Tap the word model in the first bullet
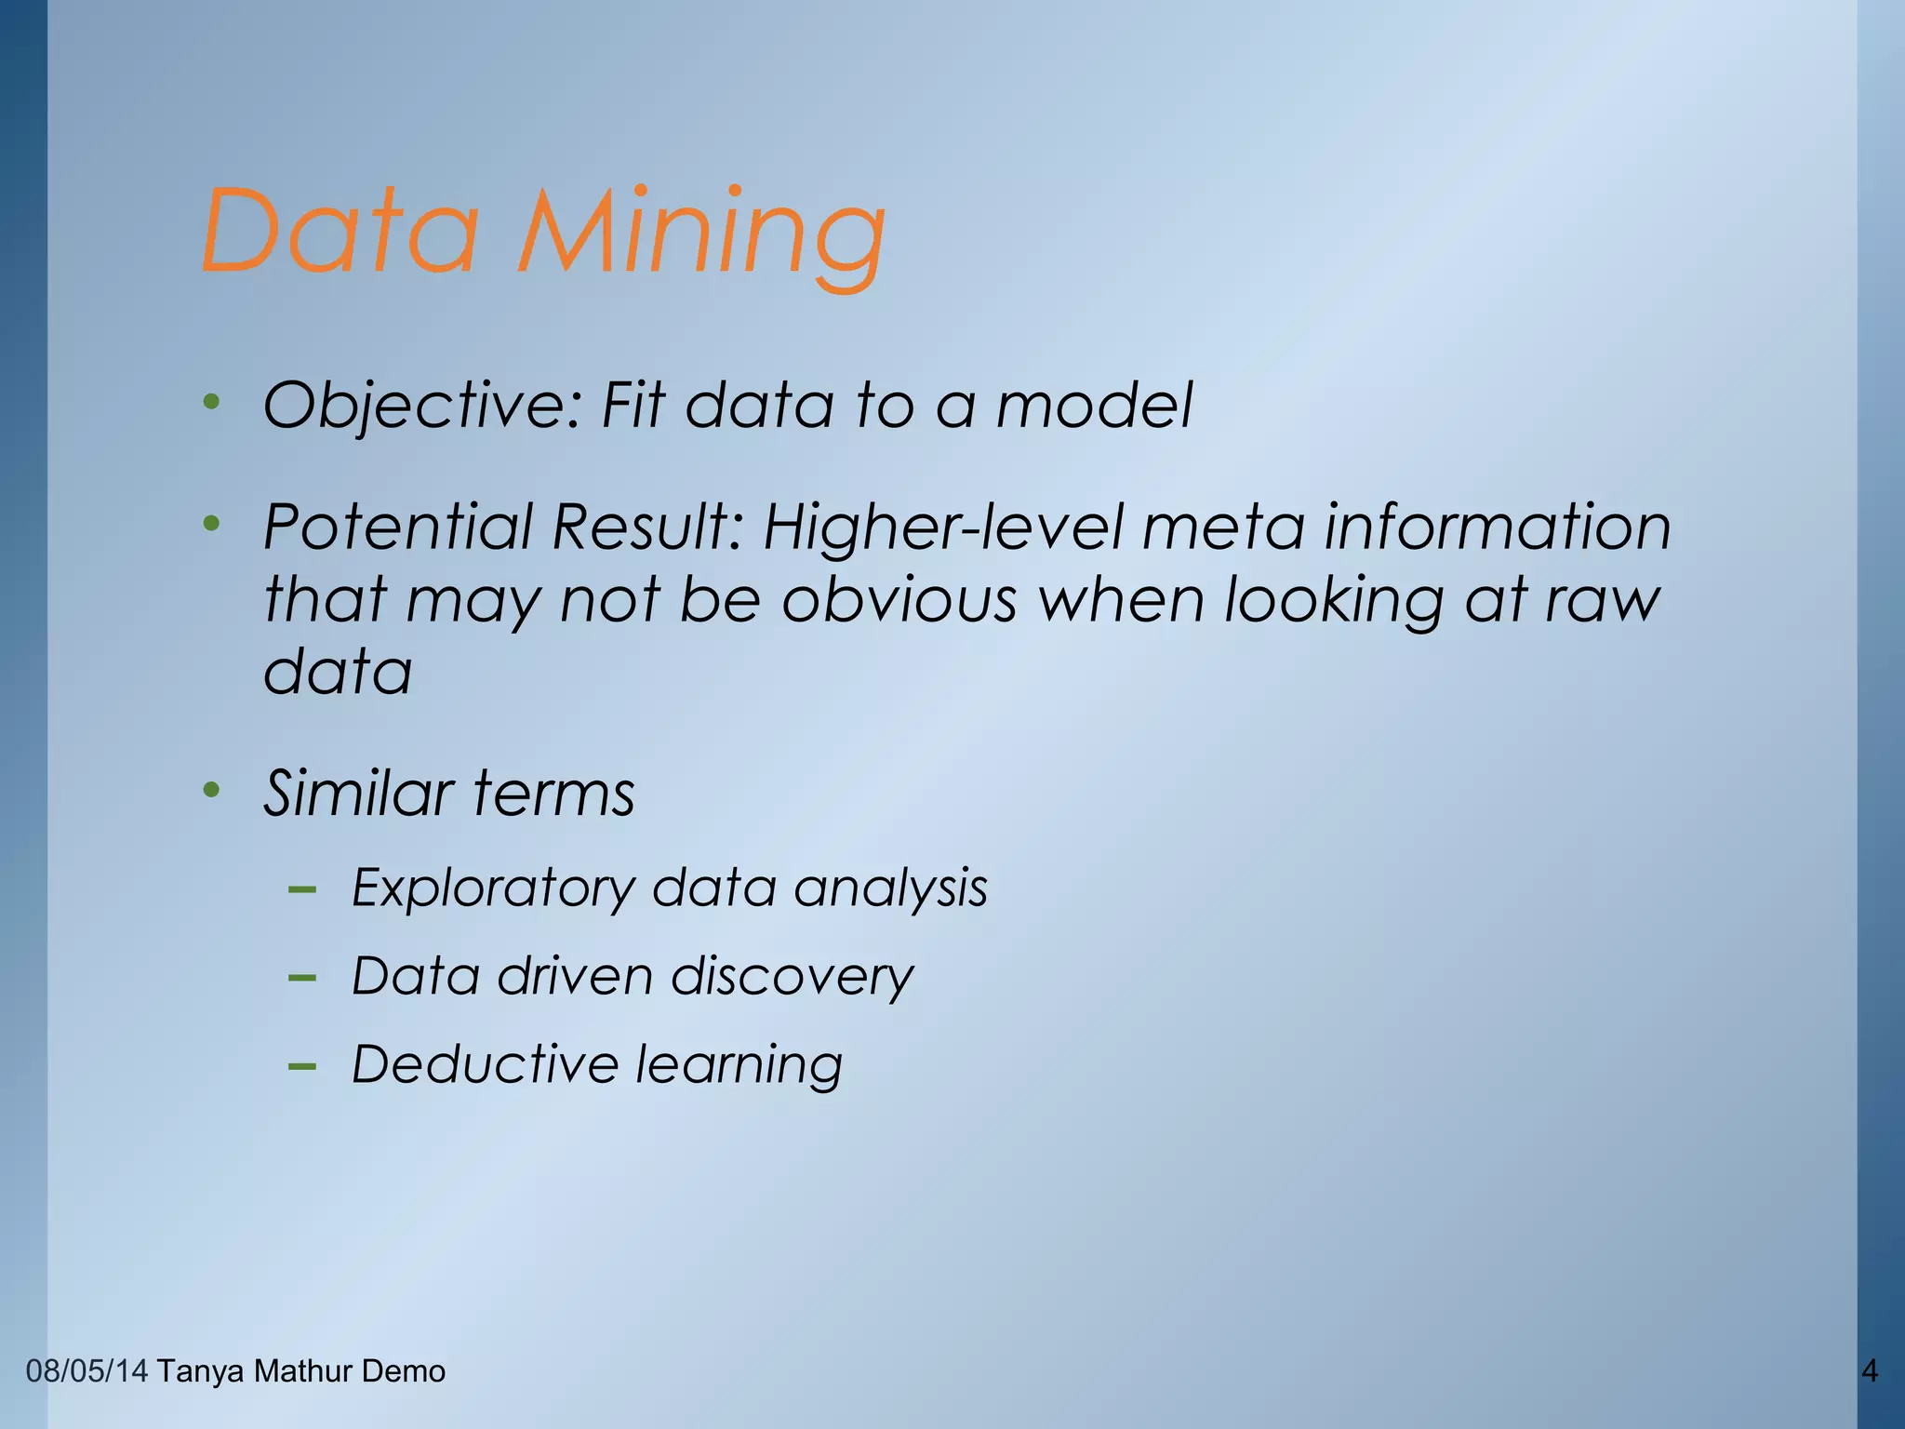pos(1094,407)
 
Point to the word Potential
pos(398,528)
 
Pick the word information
pos(1497,528)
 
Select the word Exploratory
pos(492,888)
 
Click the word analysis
pos(890,888)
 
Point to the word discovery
pos(792,977)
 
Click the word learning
pos(739,1066)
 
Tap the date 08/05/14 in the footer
pos(87,1370)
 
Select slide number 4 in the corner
pos(1869,1370)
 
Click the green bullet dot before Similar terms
pos(212,792)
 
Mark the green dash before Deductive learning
pos(302,1066)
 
